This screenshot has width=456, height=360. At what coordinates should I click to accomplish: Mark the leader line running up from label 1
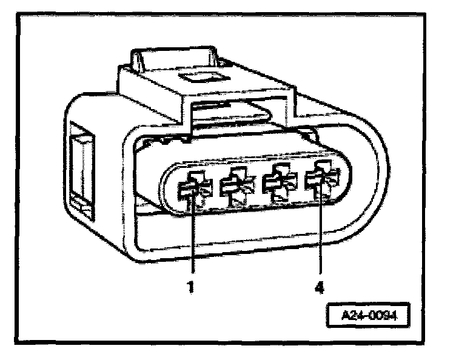click(x=192, y=242)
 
